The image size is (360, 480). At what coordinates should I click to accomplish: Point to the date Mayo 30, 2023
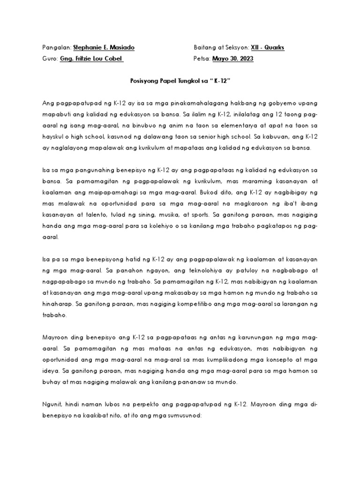(x=233, y=59)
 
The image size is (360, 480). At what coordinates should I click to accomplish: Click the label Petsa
(x=202, y=59)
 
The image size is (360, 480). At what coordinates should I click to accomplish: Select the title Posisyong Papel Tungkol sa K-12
(x=180, y=81)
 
